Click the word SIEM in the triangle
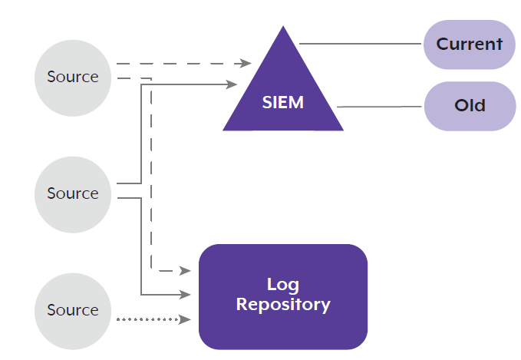(x=283, y=102)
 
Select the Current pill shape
(x=469, y=45)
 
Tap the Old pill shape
(x=470, y=106)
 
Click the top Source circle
(x=73, y=78)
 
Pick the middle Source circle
(x=73, y=195)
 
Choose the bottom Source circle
(x=73, y=311)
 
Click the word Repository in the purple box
(x=283, y=305)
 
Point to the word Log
(x=283, y=285)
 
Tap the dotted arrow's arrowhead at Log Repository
(x=185, y=319)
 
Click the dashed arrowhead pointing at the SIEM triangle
(x=246, y=63)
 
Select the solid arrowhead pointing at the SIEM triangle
(x=231, y=84)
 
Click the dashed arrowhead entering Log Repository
(x=185, y=271)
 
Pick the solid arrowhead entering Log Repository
(x=185, y=295)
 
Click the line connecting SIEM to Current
(x=360, y=44)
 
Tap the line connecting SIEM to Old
(x=379, y=107)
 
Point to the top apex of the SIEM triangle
(x=283, y=26)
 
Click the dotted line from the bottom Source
(x=148, y=319)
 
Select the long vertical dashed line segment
(x=151, y=173)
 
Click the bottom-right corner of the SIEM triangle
(x=344, y=130)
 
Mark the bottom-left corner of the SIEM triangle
(x=223, y=130)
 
